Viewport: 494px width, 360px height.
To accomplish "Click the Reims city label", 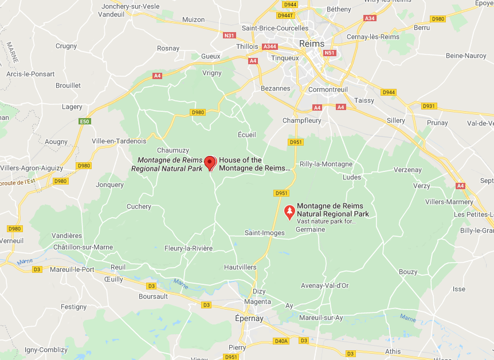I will (312, 44).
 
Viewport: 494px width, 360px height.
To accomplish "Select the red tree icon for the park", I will (289, 212).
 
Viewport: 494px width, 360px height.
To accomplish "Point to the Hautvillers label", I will (240, 267).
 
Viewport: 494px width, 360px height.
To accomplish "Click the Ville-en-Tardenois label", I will (119, 141).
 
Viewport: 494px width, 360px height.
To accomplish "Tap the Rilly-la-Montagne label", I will (326, 164).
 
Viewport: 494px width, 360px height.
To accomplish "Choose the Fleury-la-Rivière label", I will (189, 248).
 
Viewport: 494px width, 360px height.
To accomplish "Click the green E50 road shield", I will (85, 122).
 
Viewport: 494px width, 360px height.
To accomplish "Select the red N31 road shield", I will (229, 35).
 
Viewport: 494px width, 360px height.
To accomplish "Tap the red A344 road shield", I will (269, 46).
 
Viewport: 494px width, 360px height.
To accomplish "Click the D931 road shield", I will (429, 106).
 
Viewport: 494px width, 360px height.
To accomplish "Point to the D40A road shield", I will (281, 341).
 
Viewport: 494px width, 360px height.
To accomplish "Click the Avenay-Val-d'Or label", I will (324, 285).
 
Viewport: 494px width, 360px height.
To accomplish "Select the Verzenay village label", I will (407, 170).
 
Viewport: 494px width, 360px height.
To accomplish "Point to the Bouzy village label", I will (408, 272).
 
